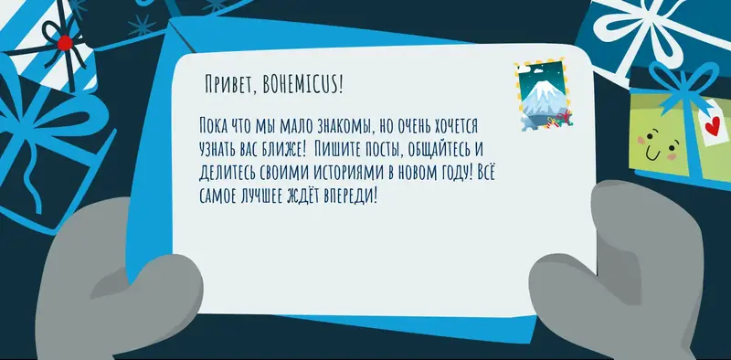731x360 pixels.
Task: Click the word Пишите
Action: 337,149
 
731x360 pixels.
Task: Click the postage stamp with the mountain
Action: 543,101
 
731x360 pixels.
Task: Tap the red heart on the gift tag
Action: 710,127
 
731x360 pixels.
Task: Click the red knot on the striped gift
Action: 64,42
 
